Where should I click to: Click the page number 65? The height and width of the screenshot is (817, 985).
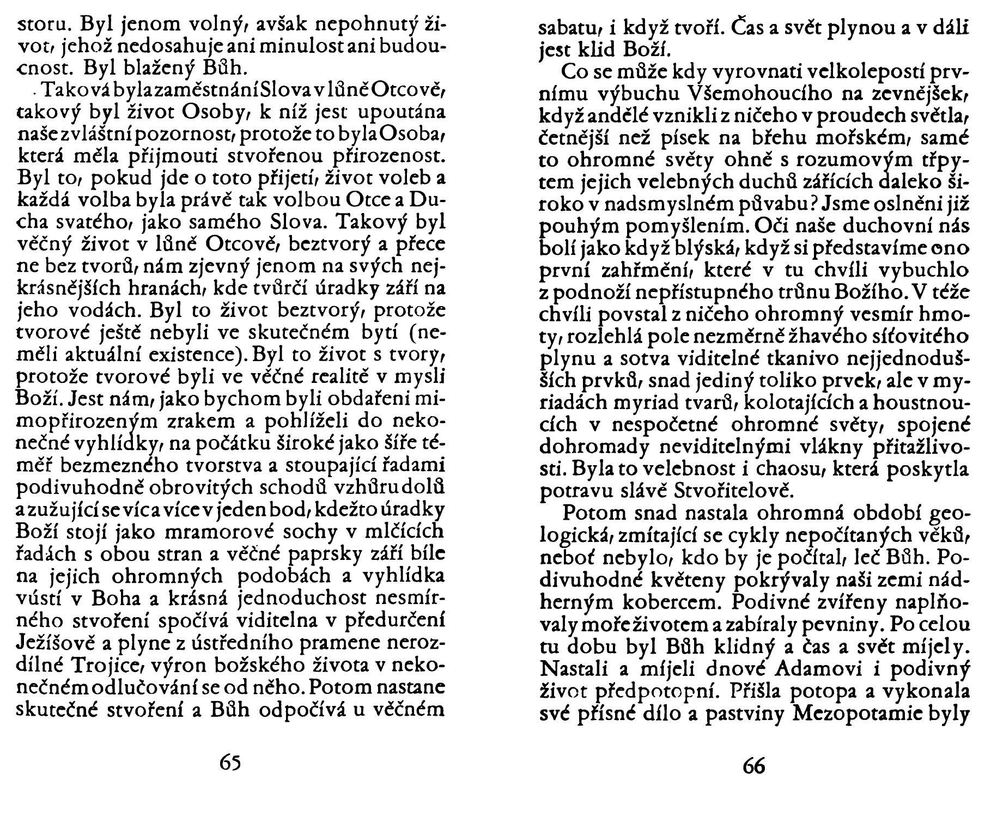pyautogui.click(x=230, y=762)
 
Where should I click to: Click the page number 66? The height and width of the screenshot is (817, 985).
pyautogui.click(x=754, y=766)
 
